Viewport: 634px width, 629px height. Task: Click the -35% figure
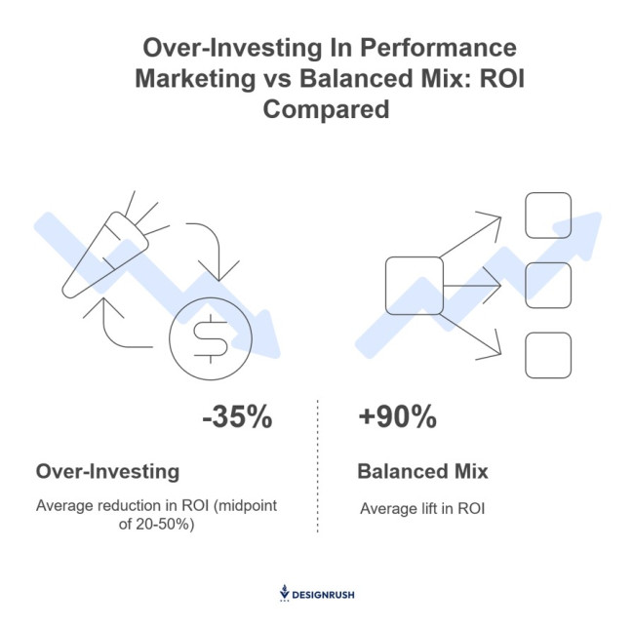click(x=236, y=418)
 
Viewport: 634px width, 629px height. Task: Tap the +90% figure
click(x=397, y=418)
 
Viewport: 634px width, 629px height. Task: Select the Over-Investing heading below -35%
click(x=107, y=472)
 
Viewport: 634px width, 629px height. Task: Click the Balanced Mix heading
click(x=422, y=472)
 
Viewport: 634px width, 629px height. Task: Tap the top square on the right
click(x=547, y=216)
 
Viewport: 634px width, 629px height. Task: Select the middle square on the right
click(x=547, y=286)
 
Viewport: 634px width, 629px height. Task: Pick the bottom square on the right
click(x=547, y=355)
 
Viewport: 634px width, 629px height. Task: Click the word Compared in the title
click(x=326, y=109)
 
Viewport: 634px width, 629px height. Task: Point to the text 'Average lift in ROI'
click(x=422, y=508)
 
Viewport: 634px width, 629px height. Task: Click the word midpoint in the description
click(x=248, y=506)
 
